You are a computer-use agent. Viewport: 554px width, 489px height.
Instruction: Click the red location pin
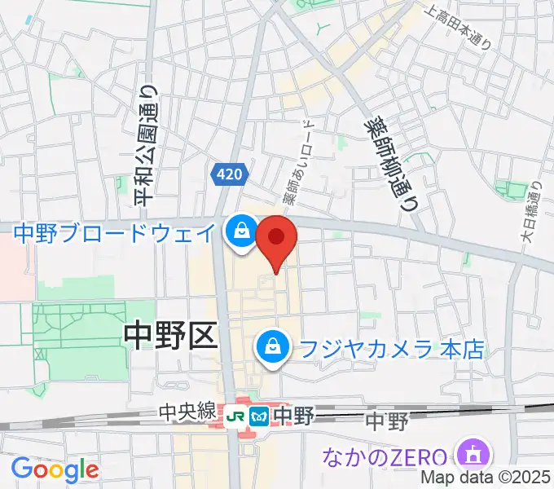tap(276, 238)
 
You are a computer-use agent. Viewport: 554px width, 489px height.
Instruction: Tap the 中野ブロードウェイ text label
tap(115, 232)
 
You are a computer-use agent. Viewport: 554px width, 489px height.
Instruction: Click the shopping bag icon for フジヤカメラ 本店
tap(269, 349)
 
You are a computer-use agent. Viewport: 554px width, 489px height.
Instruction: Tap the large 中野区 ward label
tap(171, 333)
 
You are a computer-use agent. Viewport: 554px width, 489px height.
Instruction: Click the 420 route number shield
tap(229, 174)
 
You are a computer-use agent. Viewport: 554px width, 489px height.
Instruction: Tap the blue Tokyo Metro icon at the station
tap(260, 416)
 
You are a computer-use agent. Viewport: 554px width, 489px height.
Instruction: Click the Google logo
tap(55, 469)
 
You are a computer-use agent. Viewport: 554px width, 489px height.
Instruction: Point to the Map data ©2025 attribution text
tap(485, 478)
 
